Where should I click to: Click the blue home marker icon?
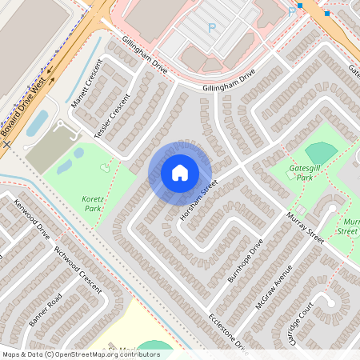point(180,173)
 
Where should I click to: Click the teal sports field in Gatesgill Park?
point(322,152)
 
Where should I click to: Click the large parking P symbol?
point(212,28)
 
